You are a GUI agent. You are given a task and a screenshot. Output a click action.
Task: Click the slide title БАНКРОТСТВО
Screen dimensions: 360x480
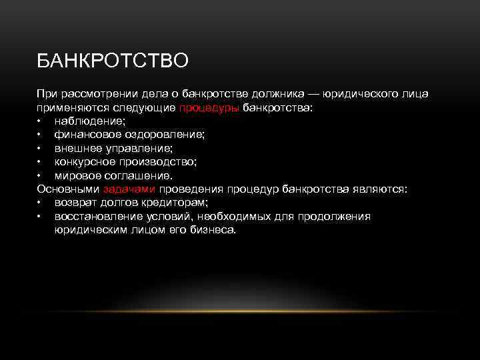tap(113, 61)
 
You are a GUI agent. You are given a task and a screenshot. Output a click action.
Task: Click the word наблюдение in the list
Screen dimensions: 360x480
tap(88, 121)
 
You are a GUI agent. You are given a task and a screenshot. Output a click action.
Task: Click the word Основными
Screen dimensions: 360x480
tap(68, 189)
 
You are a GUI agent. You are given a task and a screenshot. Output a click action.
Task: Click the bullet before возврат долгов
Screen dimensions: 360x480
tap(40, 203)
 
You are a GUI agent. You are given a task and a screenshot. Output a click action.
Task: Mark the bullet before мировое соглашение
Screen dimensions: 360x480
tap(40, 175)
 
